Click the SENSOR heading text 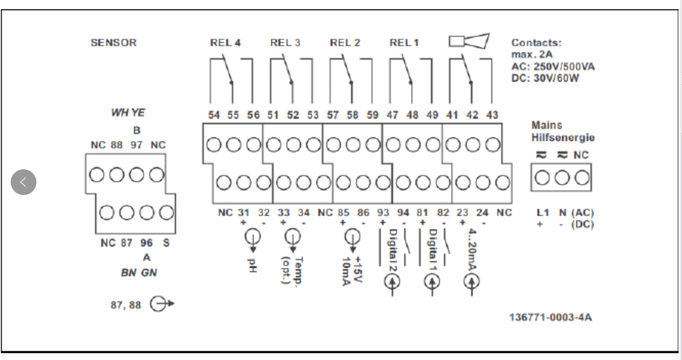click(x=113, y=43)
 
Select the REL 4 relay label click(x=225, y=43)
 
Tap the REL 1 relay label click(x=404, y=43)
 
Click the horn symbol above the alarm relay click(x=468, y=41)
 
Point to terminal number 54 click(x=214, y=115)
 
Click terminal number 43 click(x=492, y=115)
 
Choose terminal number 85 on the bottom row click(x=344, y=212)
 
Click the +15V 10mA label click(x=351, y=269)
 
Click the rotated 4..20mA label click(x=472, y=250)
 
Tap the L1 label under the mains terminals click(x=543, y=213)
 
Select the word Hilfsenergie click(x=563, y=137)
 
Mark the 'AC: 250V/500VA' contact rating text click(x=553, y=66)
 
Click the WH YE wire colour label click(x=128, y=113)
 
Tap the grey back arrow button click(x=23, y=182)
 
